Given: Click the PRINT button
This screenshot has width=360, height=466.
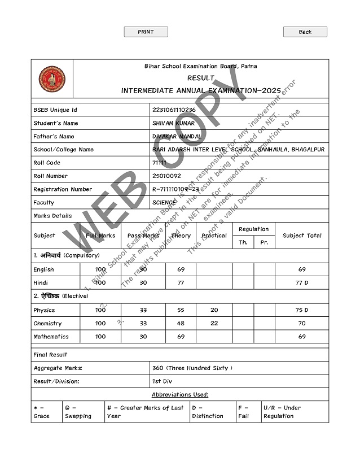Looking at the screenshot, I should click(146, 32).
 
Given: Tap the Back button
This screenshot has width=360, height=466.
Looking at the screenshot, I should click(305, 32).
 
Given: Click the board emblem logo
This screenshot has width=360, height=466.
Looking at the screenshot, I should click(52, 80).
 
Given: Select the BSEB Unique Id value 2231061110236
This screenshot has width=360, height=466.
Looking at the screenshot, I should click(174, 110).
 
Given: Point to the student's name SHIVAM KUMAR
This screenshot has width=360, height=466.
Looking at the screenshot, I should click(173, 123).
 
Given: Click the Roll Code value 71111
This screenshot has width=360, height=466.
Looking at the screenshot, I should click(159, 163).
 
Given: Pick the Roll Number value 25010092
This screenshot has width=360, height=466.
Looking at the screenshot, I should click(166, 176).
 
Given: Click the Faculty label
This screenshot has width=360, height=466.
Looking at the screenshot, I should click(44, 202).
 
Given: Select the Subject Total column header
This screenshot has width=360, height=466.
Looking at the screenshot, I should click(302, 236).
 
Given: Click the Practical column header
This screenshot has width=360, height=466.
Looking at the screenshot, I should click(214, 236).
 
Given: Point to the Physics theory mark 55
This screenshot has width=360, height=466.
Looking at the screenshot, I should click(181, 310).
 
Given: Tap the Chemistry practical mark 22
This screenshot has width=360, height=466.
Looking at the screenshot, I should click(214, 324).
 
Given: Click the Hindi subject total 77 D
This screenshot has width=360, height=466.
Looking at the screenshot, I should click(302, 282).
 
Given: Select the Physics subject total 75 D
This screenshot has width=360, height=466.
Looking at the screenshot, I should click(302, 310).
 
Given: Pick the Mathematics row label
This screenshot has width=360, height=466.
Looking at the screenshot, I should click(51, 337).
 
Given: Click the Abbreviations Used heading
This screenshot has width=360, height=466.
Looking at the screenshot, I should click(180, 394).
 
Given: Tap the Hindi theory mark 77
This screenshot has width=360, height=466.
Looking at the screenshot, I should click(181, 282).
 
